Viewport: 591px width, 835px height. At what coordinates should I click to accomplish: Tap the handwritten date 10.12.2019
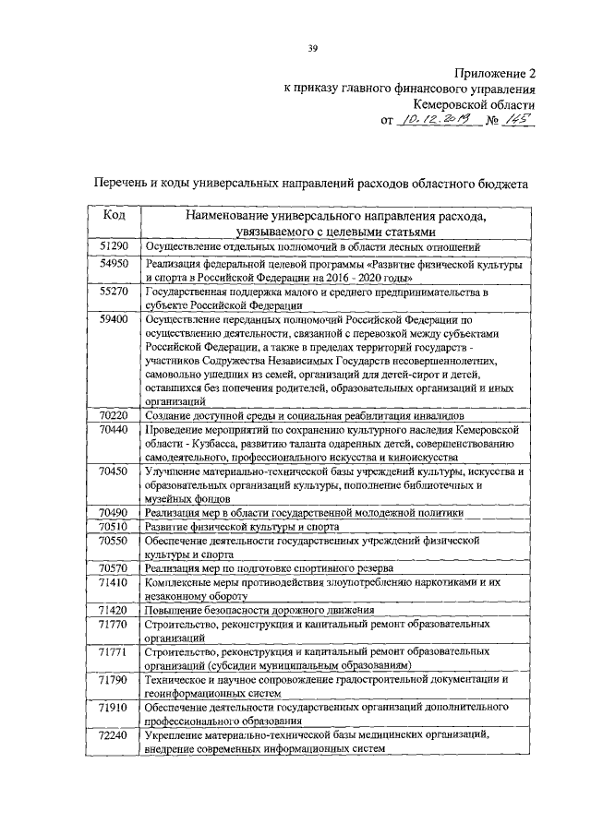pos(432,120)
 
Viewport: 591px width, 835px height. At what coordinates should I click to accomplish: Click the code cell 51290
pos(114,245)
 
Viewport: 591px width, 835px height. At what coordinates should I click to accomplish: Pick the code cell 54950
pos(114,264)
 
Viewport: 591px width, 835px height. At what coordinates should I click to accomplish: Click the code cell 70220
pos(114,416)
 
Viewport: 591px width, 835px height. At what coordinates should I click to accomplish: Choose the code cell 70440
pos(114,431)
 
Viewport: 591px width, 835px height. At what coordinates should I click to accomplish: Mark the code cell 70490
pos(114,512)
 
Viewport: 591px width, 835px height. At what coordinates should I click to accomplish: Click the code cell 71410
pos(114,583)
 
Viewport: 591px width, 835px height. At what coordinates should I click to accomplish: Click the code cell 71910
pos(114,706)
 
